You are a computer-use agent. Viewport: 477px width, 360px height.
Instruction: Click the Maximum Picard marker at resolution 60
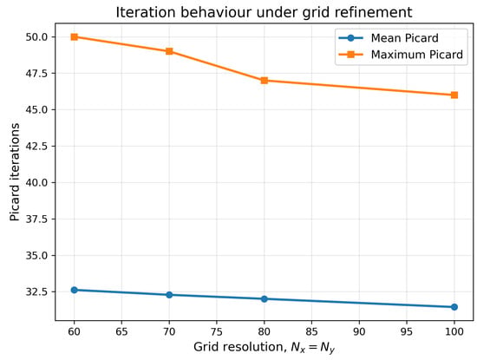pos(75,36)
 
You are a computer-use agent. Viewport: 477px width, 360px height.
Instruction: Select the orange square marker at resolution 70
pos(169,51)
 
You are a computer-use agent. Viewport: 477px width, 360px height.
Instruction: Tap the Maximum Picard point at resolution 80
pos(265,81)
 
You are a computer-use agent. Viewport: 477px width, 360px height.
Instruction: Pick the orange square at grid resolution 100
pos(454,95)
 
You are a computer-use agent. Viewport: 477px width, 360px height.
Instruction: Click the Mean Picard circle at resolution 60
pos(75,290)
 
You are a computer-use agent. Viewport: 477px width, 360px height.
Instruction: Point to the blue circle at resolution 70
pos(169,295)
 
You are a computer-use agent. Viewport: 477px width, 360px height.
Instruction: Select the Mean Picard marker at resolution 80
pos(265,299)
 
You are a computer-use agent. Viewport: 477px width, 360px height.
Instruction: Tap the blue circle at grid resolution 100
pos(454,307)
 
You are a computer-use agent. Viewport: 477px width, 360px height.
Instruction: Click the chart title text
pos(264,12)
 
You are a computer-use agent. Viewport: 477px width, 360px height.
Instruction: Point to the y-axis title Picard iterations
pos(14,172)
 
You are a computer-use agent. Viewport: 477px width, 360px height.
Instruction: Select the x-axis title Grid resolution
pos(264,347)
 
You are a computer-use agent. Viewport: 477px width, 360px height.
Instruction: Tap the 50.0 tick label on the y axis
pos(36,37)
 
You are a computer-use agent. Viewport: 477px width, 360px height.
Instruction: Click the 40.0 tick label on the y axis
pos(36,182)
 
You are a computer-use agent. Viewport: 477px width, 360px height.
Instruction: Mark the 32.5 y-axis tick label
pos(36,291)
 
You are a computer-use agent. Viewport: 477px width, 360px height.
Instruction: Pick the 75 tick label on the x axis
pos(217,331)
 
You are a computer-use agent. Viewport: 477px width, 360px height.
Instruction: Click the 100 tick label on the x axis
pos(454,331)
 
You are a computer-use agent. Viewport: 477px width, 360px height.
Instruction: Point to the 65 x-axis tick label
pos(121,331)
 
